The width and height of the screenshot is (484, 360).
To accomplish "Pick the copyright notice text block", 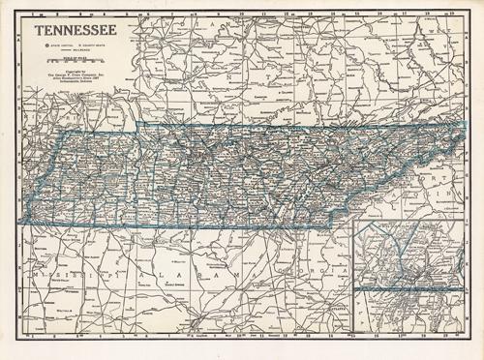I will pyautogui.click(x=75, y=76).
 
